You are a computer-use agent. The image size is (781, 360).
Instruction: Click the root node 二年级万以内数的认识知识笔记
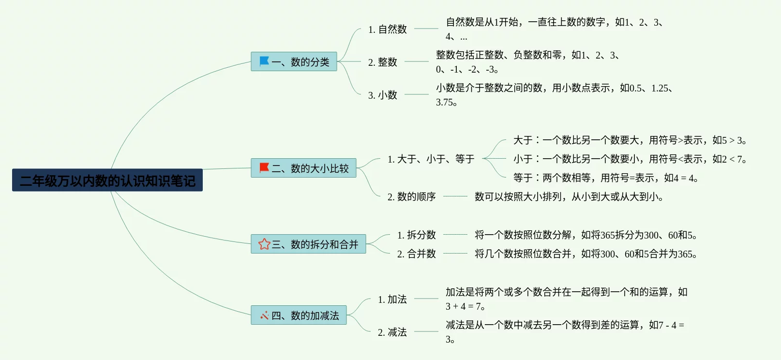(x=107, y=180)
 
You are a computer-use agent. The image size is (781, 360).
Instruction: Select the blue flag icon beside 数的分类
(x=264, y=61)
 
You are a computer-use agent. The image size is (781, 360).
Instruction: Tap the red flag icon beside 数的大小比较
(x=264, y=168)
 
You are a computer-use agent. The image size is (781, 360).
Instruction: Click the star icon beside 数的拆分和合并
(x=264, y=244)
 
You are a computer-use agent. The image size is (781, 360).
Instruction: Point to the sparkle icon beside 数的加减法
(x=264, y=315)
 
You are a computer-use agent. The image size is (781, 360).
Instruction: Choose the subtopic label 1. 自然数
(x=387, y=30)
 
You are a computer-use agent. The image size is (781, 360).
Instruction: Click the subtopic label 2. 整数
(x=382, y=62)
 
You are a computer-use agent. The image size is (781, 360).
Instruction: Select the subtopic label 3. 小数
(x=382, y=95)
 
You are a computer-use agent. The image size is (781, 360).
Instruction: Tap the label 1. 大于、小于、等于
(x=431, y=159)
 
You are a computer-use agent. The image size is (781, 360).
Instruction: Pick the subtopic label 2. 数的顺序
(x=411, y=197)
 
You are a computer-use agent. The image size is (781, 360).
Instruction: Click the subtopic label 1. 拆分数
(x=416, y=235)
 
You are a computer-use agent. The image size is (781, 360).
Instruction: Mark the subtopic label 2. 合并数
(x=416, y=254)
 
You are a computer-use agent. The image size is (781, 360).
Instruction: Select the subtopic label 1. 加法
(x=392, y=300)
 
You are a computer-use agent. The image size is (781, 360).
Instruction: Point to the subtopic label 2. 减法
(x=392, y=332)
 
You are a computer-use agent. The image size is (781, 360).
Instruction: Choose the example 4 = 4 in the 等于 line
(x=679, y=179)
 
